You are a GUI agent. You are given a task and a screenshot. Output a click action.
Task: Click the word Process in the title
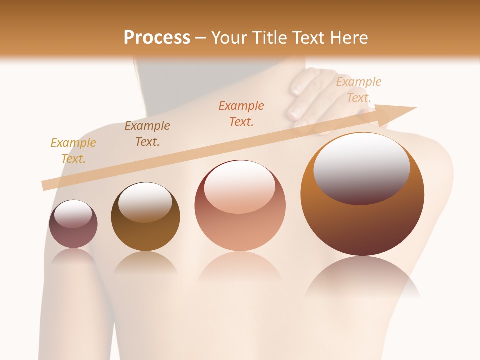point(157,37)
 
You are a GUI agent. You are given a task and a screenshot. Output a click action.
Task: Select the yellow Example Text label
point(73,151)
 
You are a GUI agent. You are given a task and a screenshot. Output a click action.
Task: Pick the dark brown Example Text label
point(147,133)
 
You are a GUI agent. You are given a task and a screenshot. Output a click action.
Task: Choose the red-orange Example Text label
point(241,113)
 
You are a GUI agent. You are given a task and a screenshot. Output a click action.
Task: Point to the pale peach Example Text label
point(358,90)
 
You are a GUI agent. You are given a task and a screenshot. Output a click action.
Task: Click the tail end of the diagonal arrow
point(45,186)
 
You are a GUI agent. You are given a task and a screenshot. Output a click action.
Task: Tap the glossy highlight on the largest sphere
point(361,167)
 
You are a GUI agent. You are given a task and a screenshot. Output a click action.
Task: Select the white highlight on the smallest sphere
point(73,214)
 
